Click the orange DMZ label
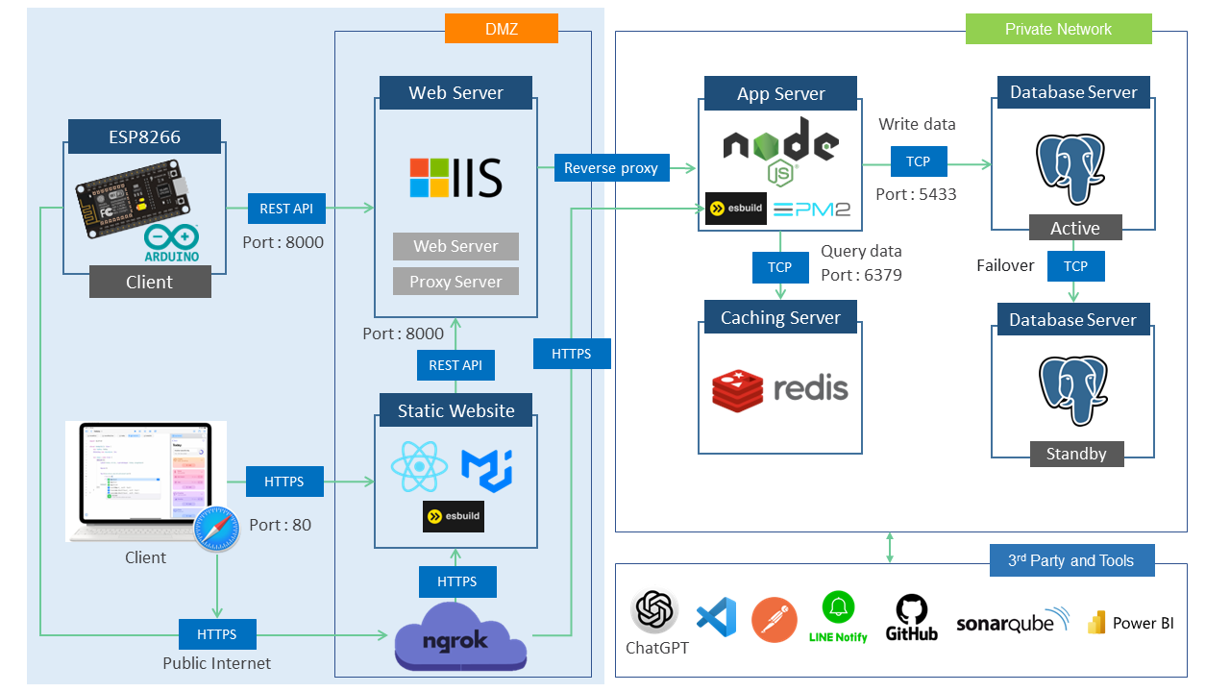(501, 29)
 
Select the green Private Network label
(1058, 29)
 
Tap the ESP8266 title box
(144, 136)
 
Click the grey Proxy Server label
(455, 282)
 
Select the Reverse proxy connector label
(610, 168)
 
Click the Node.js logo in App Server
(780, 149)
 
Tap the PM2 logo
(812, 210)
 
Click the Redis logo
(780, 388)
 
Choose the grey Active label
(1075, 228)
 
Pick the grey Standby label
(1075, 454)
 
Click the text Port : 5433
(916, 194)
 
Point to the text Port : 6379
(861, 275)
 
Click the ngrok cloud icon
(460, 637)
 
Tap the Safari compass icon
(216, 530)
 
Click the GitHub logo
(910, 618)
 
